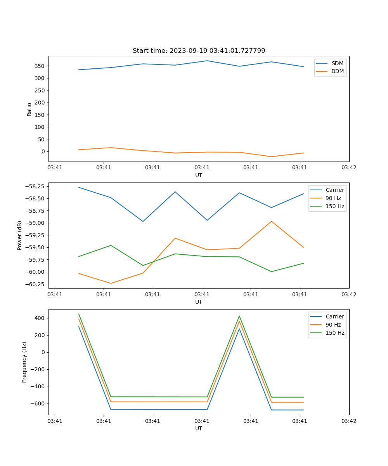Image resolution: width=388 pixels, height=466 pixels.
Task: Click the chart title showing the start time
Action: click(x=199, y=51)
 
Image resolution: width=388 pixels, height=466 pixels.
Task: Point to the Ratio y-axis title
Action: click(x=29, y=109)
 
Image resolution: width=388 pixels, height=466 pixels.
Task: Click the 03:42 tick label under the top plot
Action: click(x=349, y=168)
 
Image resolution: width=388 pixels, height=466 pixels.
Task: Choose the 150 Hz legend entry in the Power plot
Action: click(x=336, y=206)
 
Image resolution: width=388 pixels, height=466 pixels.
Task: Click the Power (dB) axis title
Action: click(x=20, y=235)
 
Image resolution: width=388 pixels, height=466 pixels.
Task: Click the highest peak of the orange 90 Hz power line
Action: click(x=271, y=221)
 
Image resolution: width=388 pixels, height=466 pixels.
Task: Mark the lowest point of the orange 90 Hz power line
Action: click(x=111, y=283)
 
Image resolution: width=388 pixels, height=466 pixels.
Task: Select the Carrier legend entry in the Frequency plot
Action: click(x=334, y=316)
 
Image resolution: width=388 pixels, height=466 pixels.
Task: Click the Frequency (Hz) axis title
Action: click(x=24, y=362)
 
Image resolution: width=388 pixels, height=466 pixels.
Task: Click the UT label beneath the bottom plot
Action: click(x=199, y=428)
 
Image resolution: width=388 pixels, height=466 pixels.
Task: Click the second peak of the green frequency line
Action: click(x=239, y=316)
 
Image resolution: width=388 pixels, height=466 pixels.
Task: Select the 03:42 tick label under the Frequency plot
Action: click(x=349, y=421)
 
